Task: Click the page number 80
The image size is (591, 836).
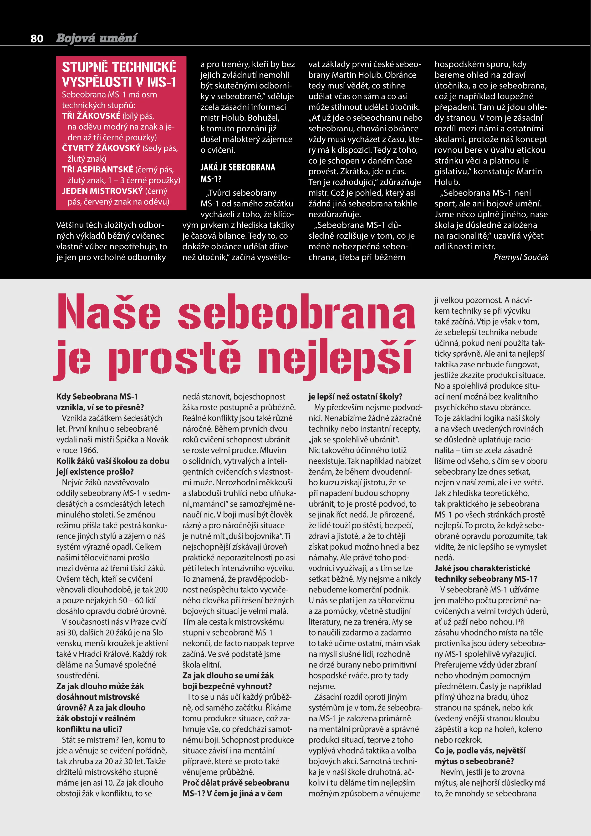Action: (37, 38)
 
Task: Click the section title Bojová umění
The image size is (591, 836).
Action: (97, 38)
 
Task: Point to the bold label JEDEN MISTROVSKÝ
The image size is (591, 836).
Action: (102, 191)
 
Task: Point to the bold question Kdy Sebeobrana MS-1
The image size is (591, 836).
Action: (97, 396)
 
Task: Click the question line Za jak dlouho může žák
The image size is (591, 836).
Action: (100, 686)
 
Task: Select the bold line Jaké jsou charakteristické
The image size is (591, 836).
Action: (482, 568)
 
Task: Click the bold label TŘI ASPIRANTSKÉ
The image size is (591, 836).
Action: (97, 170)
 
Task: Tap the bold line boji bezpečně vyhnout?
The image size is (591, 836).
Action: (227, 686)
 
